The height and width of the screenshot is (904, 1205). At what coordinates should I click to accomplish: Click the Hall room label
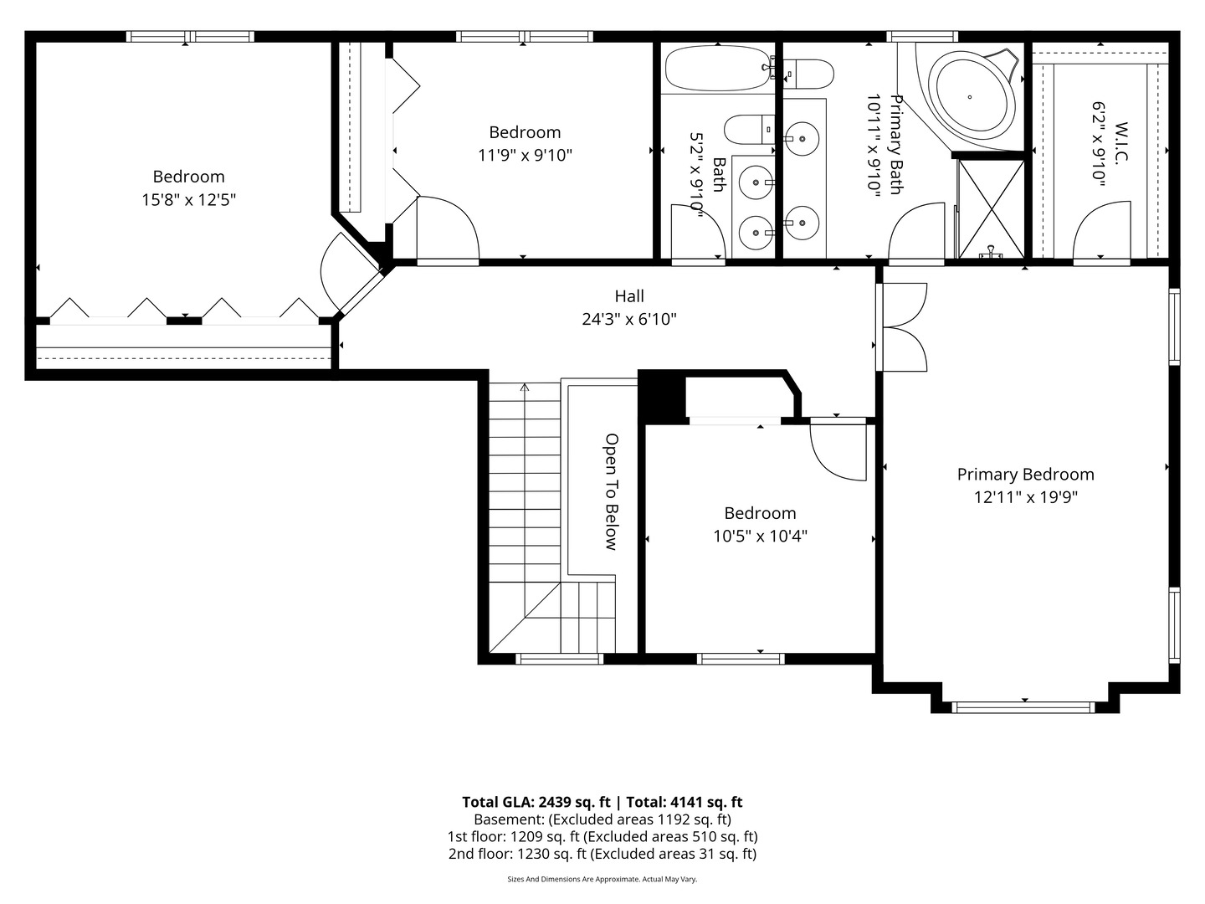coord(629,296)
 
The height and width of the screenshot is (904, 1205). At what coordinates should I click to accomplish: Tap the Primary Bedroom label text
coord(1025,475)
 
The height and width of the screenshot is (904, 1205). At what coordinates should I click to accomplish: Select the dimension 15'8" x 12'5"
coord(189,200)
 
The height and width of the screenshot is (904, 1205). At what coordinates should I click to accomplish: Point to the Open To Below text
coord(612,492)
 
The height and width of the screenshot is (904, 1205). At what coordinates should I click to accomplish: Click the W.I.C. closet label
coord(1121,141)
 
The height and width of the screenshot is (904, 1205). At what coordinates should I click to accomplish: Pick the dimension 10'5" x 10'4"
coord(761,536)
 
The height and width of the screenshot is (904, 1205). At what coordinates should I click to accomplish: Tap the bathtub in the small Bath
coord(717,68)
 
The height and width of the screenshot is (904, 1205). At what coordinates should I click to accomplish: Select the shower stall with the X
coord(990,209)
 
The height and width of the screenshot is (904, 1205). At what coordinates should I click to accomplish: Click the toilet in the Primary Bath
coord(808,74)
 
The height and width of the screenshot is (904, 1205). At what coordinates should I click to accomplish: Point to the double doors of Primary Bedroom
coord(902,327)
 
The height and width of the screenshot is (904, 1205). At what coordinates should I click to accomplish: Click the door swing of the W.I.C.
coord(1102,230)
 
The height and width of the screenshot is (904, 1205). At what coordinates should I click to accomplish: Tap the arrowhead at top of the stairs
coord(525,388)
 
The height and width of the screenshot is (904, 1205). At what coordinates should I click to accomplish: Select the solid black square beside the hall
coord(662,396)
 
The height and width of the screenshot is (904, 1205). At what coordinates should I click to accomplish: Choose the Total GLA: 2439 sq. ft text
coord(536,803)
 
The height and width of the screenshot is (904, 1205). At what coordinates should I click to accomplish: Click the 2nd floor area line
coord(602,854)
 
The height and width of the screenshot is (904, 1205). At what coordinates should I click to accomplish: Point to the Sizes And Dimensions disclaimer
coord(602,879)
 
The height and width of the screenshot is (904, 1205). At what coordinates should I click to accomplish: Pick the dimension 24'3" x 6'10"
coord(629,319)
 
